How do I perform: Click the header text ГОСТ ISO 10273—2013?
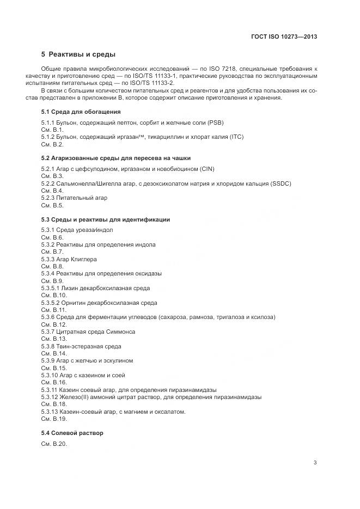tap(284, 37)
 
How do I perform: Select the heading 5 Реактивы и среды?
tap(78, 54)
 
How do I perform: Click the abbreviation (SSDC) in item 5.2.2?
tap(280, 183)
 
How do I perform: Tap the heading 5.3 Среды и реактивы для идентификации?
tap(106, 219)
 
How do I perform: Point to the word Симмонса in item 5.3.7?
tap(121, 332)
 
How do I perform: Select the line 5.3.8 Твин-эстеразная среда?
tap(81, 346)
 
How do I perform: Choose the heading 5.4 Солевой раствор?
tap(72, 433)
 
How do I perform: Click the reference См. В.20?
tap(54, 444)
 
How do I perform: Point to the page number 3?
tap(315, 463)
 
